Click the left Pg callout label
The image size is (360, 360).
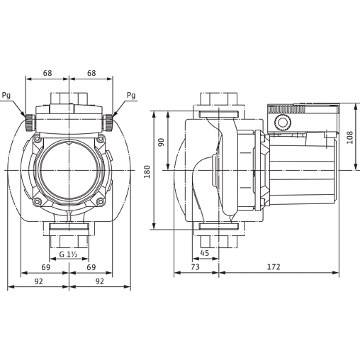click(6, 94)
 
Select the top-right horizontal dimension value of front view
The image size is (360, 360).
click(91, 73)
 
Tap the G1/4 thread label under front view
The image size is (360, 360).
click(68, 253)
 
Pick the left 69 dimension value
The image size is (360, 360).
click(47, 266)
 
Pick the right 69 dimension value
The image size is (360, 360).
click(91, 266)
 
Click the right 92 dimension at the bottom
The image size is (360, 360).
click(100, 282)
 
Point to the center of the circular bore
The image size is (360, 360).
click(69, 170)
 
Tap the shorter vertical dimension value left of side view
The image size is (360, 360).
click(162, 141)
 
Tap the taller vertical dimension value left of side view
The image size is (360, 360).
click(147, 171)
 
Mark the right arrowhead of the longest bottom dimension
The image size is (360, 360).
click(335, 270)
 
